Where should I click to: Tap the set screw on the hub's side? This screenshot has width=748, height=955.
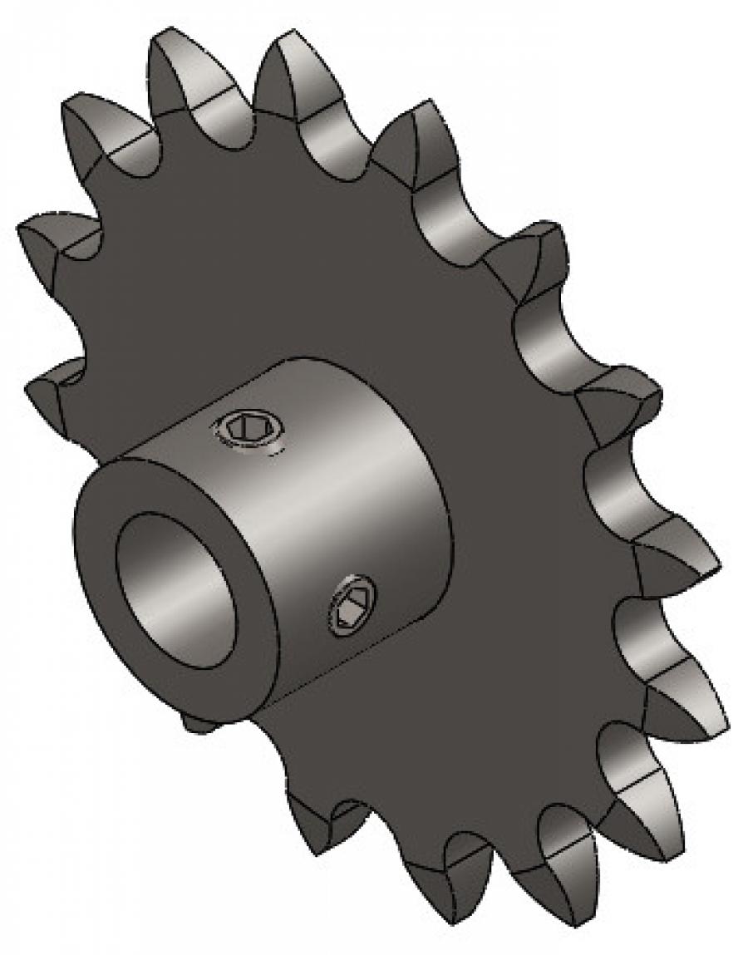(x=354, y=605)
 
